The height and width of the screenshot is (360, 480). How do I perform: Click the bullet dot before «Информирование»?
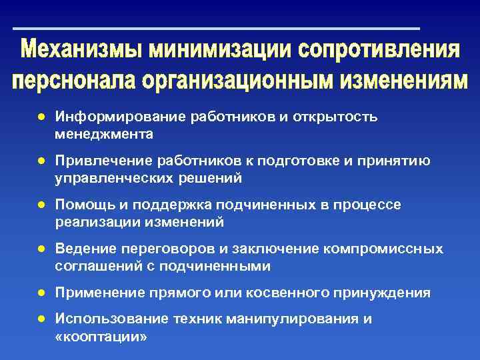[41, 117]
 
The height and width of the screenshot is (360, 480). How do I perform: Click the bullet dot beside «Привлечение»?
[41, 160]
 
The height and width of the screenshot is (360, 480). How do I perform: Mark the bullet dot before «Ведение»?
[41, 249]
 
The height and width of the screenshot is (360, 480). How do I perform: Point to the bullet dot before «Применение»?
[41, 293]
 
